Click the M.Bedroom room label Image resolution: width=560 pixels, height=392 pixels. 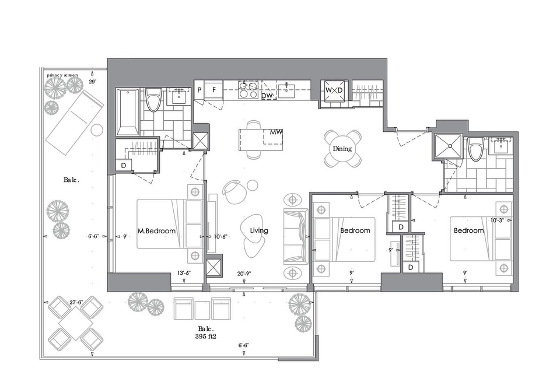[156, 231]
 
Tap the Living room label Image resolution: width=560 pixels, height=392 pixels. [259, 230]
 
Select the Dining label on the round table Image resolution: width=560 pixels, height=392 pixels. [342, 149]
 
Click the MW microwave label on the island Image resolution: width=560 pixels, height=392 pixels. [276, 132]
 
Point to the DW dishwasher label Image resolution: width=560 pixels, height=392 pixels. [267, 96]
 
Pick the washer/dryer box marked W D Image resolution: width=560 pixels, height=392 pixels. [334, 90]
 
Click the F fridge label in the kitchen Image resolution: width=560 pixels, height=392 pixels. [214, 90]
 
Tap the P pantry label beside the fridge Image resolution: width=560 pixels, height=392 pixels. [199, 90]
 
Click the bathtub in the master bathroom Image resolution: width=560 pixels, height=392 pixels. [128, 112]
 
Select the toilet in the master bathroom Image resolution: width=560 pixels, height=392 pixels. [154, 100]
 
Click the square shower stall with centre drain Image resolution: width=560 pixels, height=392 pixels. [448, 146]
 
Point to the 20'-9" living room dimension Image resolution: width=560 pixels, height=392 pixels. [244, 274]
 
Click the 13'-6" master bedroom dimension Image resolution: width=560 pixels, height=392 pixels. [184, 273]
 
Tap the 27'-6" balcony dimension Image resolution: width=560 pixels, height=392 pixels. [76, 302]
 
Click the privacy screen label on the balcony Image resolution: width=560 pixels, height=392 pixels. [62, 75]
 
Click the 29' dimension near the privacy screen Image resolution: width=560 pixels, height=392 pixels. [92, 82]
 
